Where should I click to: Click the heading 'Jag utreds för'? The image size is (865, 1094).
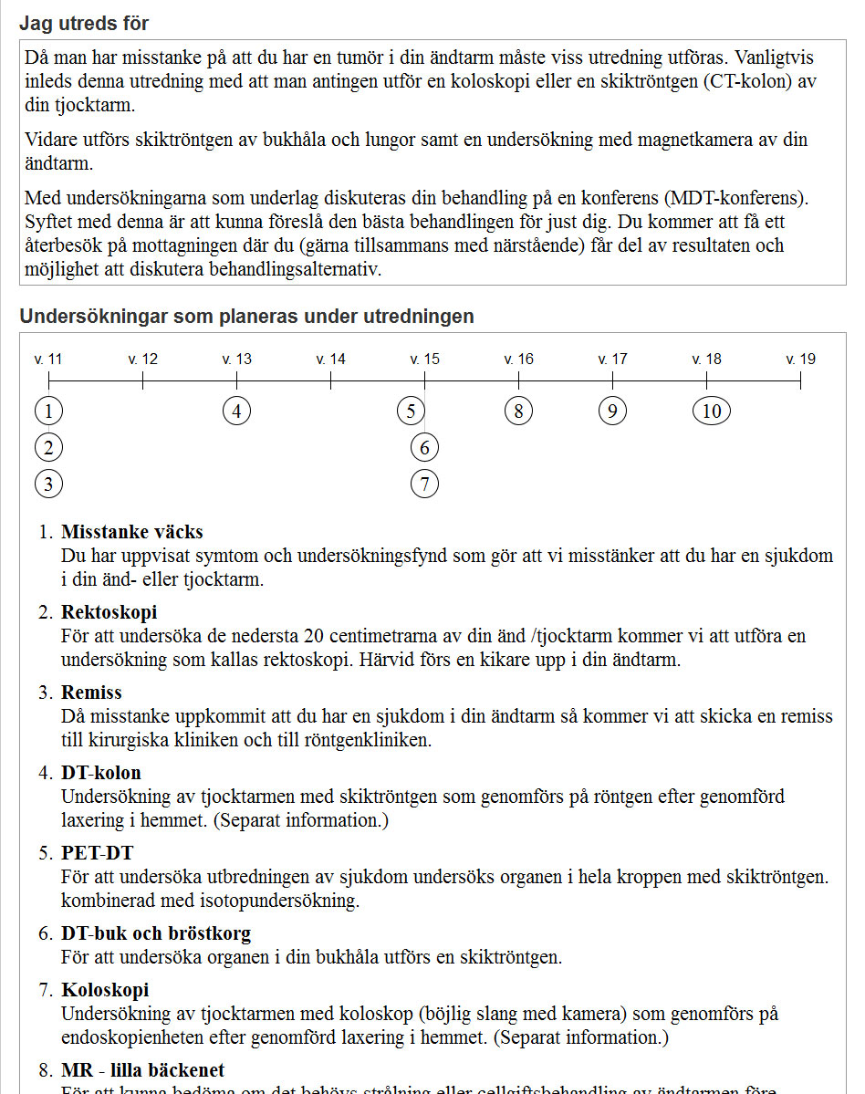[x=84, y=24]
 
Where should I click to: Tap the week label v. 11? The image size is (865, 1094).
[x=48, y=359]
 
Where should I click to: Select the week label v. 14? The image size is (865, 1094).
[x=330, y=359]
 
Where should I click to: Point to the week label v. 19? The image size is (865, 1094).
[x=800, y=359]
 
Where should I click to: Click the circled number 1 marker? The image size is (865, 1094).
[x=48, y=411]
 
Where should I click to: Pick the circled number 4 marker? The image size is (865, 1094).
[x=236, y=411]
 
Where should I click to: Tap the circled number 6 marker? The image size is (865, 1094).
[x=424, y=447]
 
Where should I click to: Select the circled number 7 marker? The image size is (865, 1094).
[x=424, y=484]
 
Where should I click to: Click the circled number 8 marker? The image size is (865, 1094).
[x=518, y=411]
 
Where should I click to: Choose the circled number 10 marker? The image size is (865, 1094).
[x=712, y=411]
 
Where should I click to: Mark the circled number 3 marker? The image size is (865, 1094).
[x=48, y=484]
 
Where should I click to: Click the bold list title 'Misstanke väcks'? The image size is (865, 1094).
[x=132, y=532]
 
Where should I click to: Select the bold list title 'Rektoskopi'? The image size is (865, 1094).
[x=109, y=612]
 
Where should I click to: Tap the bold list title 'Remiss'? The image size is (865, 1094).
[x=91, y=693]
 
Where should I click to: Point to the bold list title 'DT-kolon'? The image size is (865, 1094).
[x=101, y=773]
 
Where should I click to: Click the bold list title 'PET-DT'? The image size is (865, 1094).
[x=97, y=853]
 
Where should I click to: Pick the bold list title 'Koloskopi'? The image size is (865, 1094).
[x=105, y=990]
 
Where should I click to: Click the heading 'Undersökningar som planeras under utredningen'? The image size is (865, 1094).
[x=246, y=317]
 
